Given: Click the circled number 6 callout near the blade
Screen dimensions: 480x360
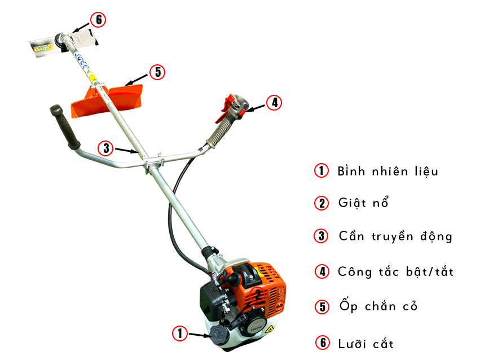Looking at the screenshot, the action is [x=98, y=20].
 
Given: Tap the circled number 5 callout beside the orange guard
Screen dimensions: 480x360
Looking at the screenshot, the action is [x=157, y=72].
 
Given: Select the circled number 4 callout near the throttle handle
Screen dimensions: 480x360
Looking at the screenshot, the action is [x=274, y=103].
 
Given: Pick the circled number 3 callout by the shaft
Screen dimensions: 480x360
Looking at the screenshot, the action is [x=105, y=148].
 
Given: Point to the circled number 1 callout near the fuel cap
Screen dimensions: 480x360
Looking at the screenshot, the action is [x=180, y=333].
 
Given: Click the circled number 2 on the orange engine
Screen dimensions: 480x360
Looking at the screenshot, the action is [x=258, y=295].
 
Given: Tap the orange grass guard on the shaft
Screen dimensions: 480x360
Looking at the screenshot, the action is [x=107, y=100].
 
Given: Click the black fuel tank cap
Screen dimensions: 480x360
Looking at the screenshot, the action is [x=219, y=335].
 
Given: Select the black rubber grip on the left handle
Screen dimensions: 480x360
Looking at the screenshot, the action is [x=65, y=127].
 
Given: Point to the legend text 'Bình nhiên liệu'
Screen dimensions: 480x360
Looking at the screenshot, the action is [x=388, y=171].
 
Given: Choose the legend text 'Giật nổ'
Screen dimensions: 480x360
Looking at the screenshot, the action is [x=363, y=203].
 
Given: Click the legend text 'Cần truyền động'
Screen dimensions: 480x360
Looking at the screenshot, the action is [x=395, y=236].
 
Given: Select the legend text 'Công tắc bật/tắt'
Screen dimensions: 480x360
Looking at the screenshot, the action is [x=395, y=271].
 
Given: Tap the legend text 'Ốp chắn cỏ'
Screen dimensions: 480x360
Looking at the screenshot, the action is [x=378, y=306].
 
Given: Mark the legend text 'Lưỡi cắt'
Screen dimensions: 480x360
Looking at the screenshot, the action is [x=366, y=344].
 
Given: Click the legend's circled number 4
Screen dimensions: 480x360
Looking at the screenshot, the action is [x=322, y=271].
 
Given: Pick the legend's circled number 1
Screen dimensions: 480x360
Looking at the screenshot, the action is [x=322, y=170].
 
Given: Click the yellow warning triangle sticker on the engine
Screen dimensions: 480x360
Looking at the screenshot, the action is [x=269, y=330].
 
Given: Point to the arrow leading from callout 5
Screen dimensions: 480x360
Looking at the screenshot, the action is [x=137, y=80].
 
